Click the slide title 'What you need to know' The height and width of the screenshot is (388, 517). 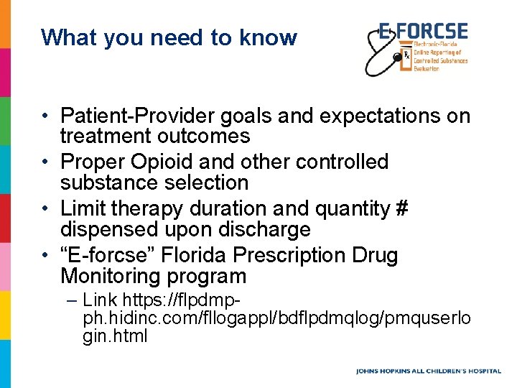click(x=169, y=37)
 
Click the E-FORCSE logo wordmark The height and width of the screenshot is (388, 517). click(x=424, y=32)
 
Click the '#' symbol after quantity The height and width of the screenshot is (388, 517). click(x=401, y=209)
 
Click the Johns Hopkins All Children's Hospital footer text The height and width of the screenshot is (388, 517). click(x=429, y=371)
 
